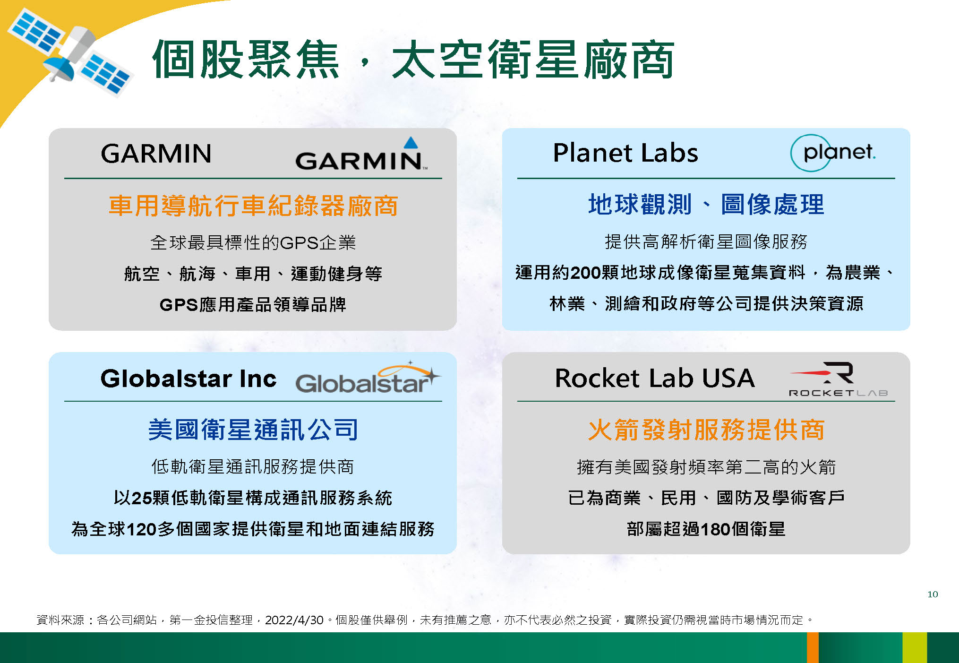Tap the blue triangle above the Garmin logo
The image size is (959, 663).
[411, 143]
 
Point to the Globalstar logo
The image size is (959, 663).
[368, 379]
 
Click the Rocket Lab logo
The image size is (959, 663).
[838, 379]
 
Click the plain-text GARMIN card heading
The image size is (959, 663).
[156, 154]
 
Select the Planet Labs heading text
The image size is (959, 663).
[625, 153]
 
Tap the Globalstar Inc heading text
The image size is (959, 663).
[188, 379]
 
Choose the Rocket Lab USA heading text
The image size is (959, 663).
[655, 378]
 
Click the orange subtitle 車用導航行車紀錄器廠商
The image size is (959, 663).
[253, 206]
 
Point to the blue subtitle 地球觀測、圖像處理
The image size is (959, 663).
[706, 205]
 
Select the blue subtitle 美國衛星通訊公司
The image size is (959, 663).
[253, 430]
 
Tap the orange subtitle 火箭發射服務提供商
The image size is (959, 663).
[706, 430]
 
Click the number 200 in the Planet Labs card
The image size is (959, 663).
[585, 273]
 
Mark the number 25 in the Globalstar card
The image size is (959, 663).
[141, 498]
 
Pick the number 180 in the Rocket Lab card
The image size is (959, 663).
[716, 529]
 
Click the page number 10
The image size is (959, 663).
[933, 594]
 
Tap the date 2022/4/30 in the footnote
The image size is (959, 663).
[294, 620]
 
